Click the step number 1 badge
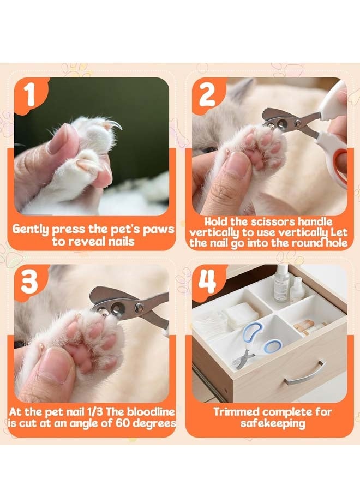(x=30, y=94)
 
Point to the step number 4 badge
(x=207, y=281)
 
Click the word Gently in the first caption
(x=31, y=230)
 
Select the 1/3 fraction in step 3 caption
(x=94, y=411)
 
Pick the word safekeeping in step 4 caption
(x=273, y=424)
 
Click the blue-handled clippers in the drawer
(x=255, y=344)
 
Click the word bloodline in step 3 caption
(x=149, y=411)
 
